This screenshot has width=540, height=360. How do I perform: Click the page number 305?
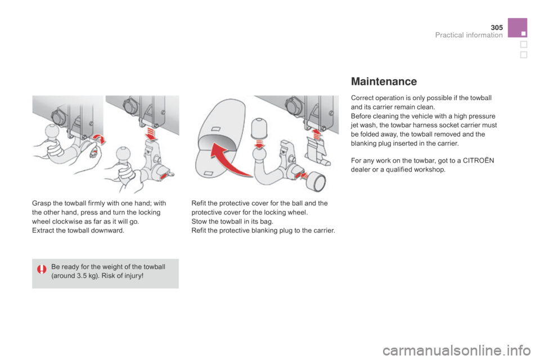coord(497,27)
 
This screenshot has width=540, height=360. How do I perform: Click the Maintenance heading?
coord(384,82)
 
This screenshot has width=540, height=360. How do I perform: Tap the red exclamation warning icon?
coord(42,269)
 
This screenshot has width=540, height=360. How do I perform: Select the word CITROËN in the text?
coord(478,160)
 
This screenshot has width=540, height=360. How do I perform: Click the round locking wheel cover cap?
coord(316,181)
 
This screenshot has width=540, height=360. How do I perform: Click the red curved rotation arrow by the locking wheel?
coord(100,139)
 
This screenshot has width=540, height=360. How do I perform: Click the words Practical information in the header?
coord(469,35)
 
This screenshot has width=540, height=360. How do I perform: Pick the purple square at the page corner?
coord(517,28)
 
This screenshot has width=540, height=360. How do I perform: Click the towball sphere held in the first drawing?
coord(52,132)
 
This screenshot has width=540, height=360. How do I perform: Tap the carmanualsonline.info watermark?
coord(456,350)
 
